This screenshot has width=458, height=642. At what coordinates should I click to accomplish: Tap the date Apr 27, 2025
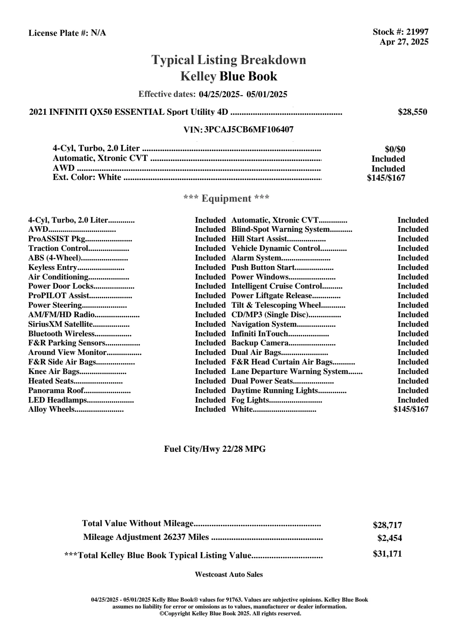pyautogui.click(x=404, y=42)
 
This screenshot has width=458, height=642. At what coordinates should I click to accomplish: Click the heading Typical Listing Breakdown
pyautogui.click(x=229, y=60)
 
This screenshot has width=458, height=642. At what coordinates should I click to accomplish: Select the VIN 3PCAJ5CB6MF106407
pyautogui.click(x=249, y=130)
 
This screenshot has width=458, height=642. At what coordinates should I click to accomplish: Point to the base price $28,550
pyautogui.click(x=413, y=112)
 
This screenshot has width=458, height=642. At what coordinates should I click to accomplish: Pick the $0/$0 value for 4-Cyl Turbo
pyautogui.click(x=395, y=149)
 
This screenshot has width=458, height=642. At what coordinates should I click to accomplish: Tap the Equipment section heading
pyautogui.click(x=227, y=199)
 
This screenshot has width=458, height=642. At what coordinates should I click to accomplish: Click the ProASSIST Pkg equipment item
pyautogui.click(x=56, y=239)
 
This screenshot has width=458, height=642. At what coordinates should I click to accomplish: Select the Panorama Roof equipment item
pyautogui.click(x=56, y=390)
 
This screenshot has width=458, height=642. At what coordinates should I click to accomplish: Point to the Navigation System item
pyautogui.click(x=264, y=324)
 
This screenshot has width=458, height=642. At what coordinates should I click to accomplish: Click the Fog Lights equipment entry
pyautogui.click(x=250, y=400)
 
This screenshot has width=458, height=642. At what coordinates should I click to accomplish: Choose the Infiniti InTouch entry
pyautogui.click(x=260, y=334)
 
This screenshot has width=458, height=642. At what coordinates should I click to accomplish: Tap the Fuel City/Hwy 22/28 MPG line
pyautogui.click(x=215, y=449)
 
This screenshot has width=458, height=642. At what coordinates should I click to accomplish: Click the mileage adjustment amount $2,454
pyautogui.click(x=390, y=538)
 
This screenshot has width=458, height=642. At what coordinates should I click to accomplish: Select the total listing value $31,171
pyautogui.click(x=387, y=554)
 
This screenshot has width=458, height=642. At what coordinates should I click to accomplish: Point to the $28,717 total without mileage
pyautogui.click(x=387, y=525)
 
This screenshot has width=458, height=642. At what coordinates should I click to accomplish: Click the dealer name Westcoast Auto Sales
pyautogui.click(x=229, y=575)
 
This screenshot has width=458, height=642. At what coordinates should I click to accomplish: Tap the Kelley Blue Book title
pyautogui.click(x=229, y=77)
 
